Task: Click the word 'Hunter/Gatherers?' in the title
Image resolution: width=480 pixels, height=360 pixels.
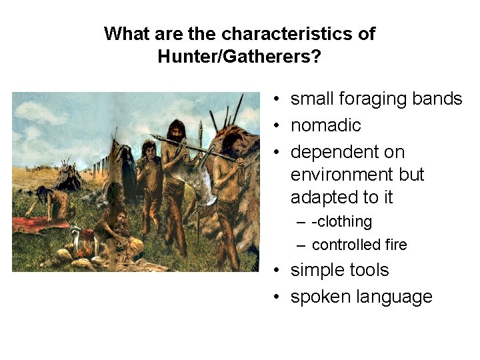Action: point(239,56)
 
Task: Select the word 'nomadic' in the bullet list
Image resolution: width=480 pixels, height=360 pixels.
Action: point(325,125)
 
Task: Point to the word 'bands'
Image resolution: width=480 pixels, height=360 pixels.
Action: point(437,99)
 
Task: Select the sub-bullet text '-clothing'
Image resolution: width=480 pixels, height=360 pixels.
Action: point(341,221)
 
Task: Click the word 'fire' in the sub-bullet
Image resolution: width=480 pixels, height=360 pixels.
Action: point(395,245)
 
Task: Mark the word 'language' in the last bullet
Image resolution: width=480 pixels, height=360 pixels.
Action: point(397,297)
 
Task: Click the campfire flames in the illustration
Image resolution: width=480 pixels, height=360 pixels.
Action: point(84,251)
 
